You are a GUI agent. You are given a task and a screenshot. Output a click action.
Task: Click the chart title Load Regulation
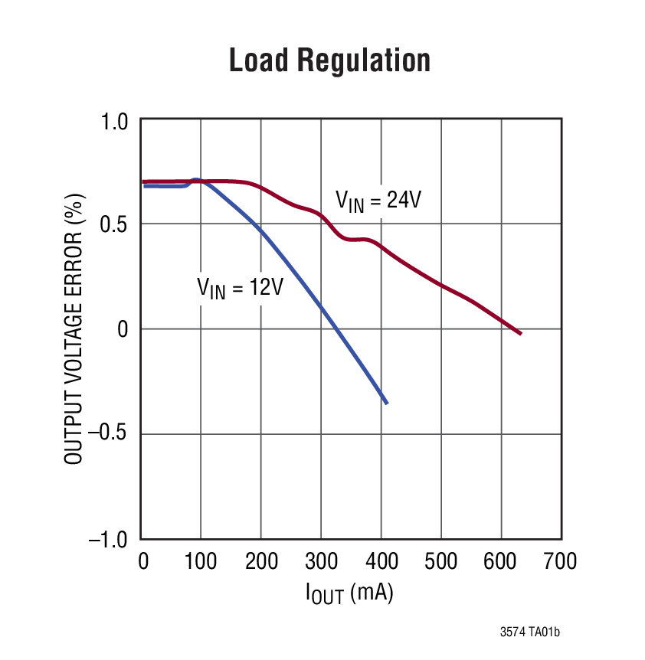coord(329,60)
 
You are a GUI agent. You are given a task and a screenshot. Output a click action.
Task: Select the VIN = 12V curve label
coord(241,288)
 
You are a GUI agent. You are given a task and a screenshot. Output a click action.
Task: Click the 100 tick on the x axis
coord(201,562)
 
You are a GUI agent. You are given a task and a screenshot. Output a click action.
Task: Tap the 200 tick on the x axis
coord(261,562)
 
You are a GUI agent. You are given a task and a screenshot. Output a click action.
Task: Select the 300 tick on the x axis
coord(321,562)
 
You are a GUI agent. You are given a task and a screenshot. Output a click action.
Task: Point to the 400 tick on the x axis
coord(381,562)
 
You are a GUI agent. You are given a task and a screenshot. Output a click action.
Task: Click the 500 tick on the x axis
coord(441,562)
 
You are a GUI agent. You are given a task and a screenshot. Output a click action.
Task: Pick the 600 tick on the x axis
coord(502,562)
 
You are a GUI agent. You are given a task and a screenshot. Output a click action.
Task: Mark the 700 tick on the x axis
coord(560,562)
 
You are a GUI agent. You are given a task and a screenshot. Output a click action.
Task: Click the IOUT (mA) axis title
coord(351,594)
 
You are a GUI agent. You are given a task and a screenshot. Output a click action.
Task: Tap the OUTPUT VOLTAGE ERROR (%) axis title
coord(74,329)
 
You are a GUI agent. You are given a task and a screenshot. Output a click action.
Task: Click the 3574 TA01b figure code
coord(529,632)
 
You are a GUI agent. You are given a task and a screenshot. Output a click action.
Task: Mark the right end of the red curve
coord(520,333)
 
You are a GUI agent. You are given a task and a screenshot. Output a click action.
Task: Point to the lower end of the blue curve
coord(386,403)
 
